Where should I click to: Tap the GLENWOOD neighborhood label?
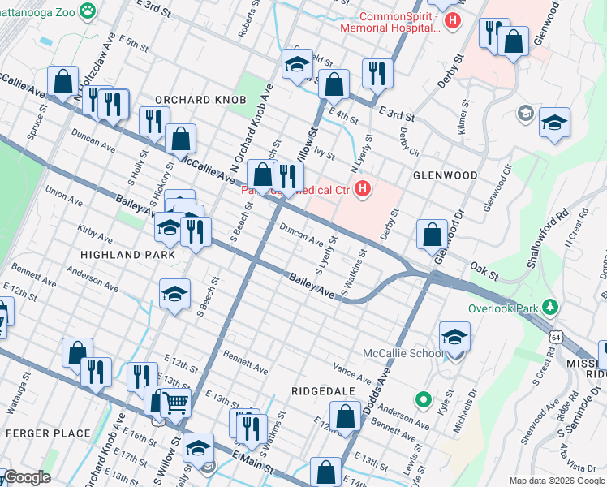point(445,175)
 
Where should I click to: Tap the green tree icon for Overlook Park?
point(552,308)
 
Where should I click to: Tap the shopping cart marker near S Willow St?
point(176,400)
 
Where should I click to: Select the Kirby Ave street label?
point(96,235)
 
